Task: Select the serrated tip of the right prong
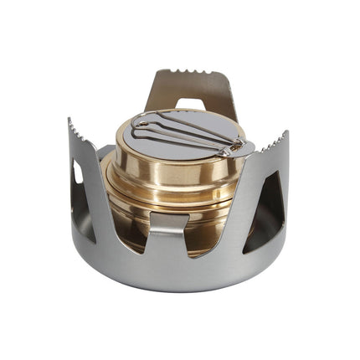point(272,144)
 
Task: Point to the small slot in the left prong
point(77,172)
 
